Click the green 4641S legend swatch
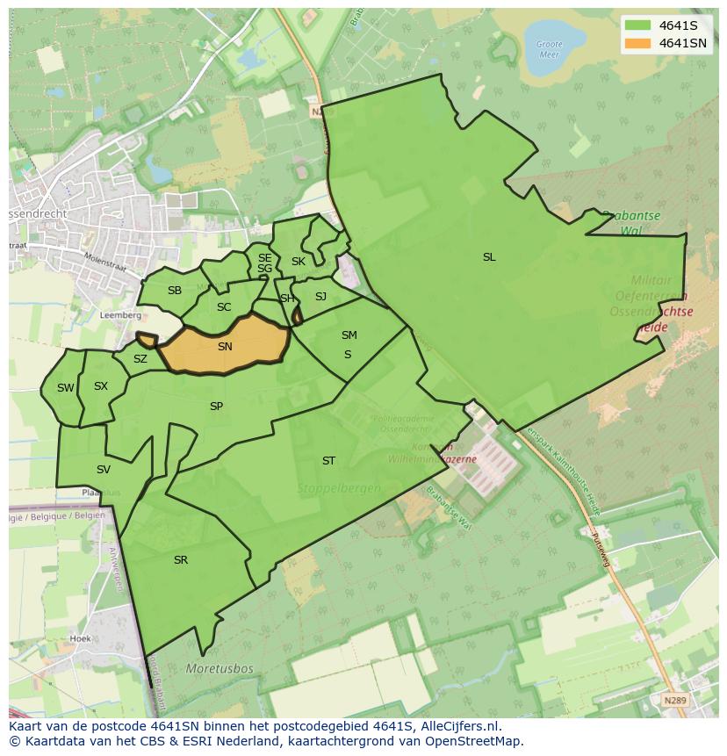(638, 25)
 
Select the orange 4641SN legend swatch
(638, 43)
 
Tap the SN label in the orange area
(225, 347)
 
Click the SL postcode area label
(489, 257)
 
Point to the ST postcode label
(328, 460)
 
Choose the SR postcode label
(181, 560)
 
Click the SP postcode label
(216, 407)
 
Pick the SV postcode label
(104, 470)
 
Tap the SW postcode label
(66, 388)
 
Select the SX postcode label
(101, 386)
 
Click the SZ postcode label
(140, 359)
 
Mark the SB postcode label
(175, 291)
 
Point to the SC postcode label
(224, 307)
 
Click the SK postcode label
(299, 262)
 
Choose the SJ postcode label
(320, 297)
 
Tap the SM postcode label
(349, 335)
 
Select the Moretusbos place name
(220, 669)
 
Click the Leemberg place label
(121, 314)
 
